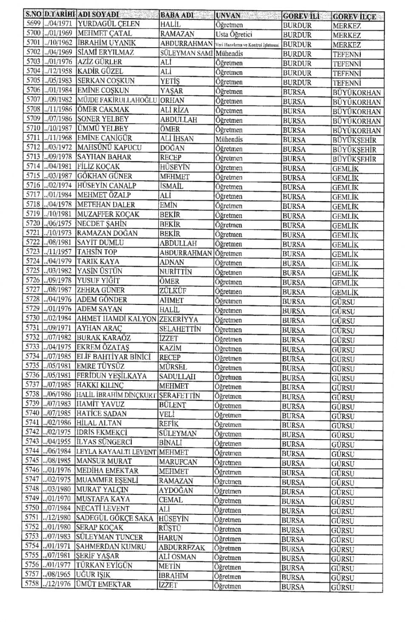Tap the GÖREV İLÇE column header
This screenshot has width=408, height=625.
(354, 17)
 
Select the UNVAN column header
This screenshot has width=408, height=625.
(228, 16)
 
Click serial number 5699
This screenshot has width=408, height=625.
(33, 23)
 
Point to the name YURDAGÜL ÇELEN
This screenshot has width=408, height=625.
(102, 24)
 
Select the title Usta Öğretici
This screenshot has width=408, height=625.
(234, 34)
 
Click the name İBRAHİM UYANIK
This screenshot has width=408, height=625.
(106, 43)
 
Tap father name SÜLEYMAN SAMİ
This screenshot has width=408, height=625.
(186, 53)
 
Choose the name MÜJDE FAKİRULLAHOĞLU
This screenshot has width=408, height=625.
(117, 100)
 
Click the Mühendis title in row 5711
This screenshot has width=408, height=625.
(229, 139)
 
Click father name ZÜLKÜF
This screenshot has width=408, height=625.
(173, 290)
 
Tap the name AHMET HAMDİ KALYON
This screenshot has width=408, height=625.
(116, 319)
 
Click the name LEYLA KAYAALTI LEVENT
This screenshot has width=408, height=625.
(116, 452)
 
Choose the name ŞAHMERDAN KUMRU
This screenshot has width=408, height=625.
(111, 547)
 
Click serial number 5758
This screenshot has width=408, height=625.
(32, 584)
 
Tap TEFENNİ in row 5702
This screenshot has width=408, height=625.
(346, 54)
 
